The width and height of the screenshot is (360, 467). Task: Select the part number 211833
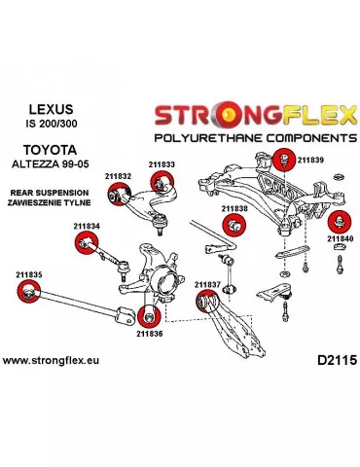point(162,165)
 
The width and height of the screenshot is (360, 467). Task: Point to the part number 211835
point(28,274)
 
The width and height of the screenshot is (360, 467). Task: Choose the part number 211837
point(206,284)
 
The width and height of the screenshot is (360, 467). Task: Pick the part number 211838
point(234,208)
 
